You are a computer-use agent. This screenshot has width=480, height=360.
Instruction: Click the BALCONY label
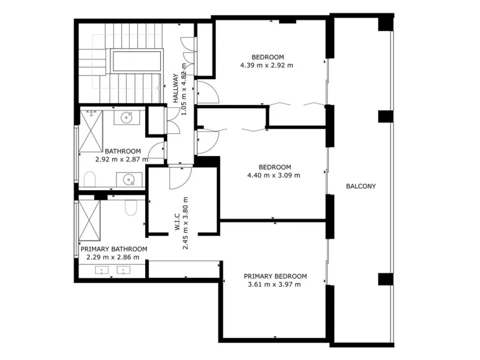tap(361, 186)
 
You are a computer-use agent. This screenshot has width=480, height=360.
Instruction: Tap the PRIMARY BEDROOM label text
tap(275, 276)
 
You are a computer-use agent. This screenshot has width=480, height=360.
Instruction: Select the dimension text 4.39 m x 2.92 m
tap(266, 65)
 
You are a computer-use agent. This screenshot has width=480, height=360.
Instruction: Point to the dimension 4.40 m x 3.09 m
tap(274, 175)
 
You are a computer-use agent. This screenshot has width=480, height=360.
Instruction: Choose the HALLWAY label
tap(176, 88)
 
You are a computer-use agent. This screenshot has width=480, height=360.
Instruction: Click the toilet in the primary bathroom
tap(131, 208)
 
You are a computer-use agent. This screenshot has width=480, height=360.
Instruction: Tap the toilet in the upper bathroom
tap(89, 179)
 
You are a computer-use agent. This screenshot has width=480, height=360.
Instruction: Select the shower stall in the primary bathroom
tap(89, 220)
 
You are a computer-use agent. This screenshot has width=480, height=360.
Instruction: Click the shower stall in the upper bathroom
tap(91, 131)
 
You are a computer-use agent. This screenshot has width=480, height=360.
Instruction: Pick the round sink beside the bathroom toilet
tap(129, 179)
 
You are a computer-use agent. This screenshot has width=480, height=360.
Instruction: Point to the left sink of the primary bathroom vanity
tap(101, 271)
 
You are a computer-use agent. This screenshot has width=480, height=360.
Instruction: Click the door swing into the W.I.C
tap(181, 178)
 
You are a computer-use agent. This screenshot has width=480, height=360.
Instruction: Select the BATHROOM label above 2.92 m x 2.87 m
tap(123, 151)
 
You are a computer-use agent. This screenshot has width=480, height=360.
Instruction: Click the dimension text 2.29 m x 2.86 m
tap(113, 257)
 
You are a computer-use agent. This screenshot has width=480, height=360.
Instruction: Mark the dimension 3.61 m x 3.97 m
tap(274, 284)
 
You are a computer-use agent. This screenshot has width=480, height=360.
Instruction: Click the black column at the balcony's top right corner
tap(385, 23)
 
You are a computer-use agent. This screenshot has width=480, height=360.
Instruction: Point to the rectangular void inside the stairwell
tap(136, 61)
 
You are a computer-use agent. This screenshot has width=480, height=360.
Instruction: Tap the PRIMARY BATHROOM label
tap(114, 249)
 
